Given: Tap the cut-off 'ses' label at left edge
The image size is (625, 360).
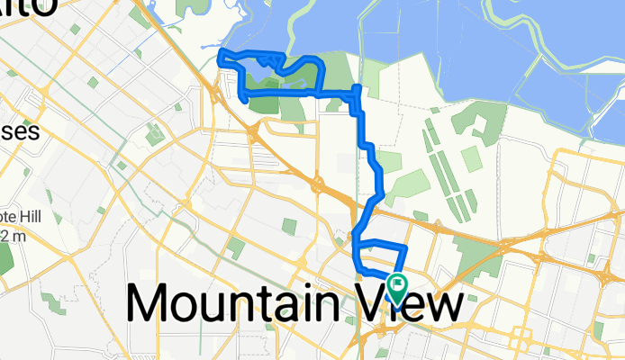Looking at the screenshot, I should click(18, 131).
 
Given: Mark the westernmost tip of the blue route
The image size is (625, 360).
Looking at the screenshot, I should click(221, 59).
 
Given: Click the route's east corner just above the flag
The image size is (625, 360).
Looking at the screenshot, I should click(407, 247).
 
